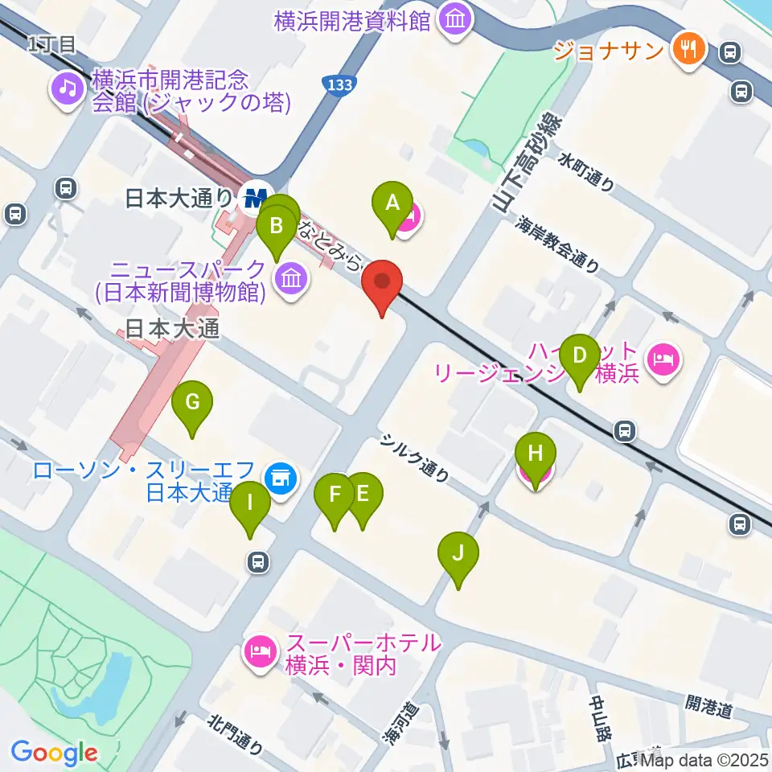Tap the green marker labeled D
pyautogui.click(x=579, y=356)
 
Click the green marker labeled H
pyautogui.click(x=536, y=454)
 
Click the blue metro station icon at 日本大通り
pyautogui.click(x=255, y=196)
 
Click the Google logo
pyautogui.click(x=55, y=753)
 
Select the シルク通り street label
pyautogui.click(x=415, y=458)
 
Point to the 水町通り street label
pyautogui.click(x=588, y=172)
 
